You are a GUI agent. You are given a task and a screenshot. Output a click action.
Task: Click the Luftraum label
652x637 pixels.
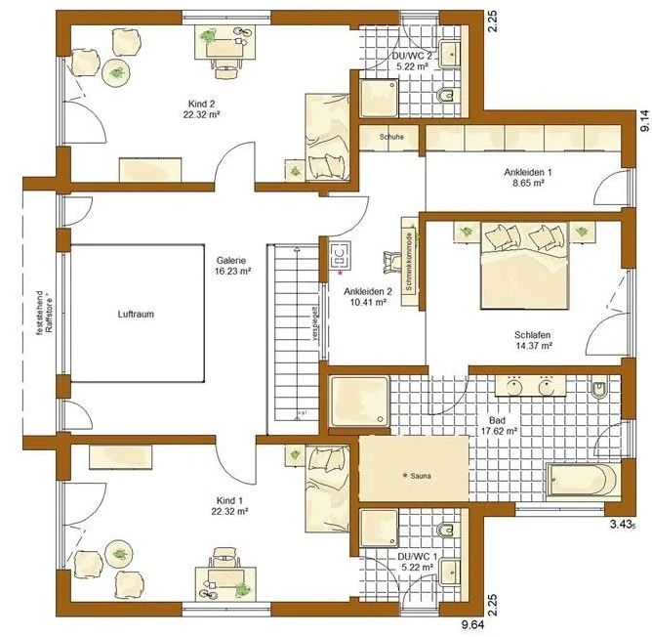point(137,314)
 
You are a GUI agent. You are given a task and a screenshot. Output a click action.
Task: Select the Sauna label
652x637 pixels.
point(417,476)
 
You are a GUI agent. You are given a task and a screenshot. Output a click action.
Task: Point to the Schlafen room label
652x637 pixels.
point(533,340)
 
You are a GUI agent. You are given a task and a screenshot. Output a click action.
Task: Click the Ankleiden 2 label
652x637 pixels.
point(366,296)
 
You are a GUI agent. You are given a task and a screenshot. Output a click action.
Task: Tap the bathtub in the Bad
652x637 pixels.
point(582,481)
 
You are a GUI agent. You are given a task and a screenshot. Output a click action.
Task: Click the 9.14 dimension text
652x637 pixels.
point(643,120)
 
